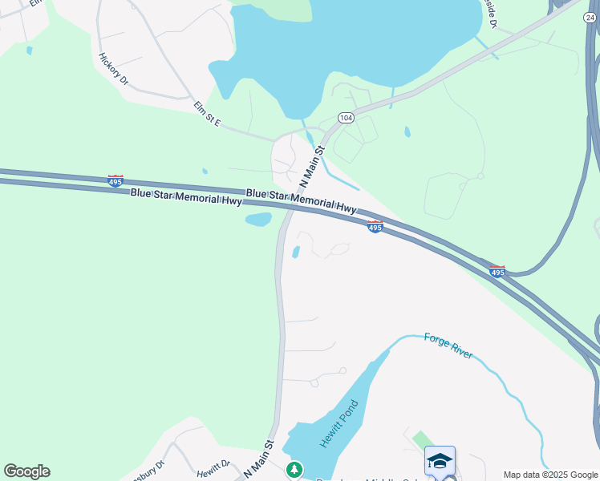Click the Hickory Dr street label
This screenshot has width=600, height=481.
point(113,69)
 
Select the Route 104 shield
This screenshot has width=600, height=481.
point(346,118)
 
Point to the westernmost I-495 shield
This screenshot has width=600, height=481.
point(116,181)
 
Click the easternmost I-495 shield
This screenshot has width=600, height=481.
point(497,272)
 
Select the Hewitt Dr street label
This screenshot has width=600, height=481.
point(213,465)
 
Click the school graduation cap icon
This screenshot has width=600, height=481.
point(440,460)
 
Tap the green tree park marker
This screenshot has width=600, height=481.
point(295,467)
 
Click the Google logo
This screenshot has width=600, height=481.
point(26,471)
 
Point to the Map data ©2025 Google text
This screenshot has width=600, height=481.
point(551,475)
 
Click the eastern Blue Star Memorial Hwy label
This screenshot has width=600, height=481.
point(301,201)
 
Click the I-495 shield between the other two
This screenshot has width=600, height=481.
point(375,227)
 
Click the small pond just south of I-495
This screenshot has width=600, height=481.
point(257,220)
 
